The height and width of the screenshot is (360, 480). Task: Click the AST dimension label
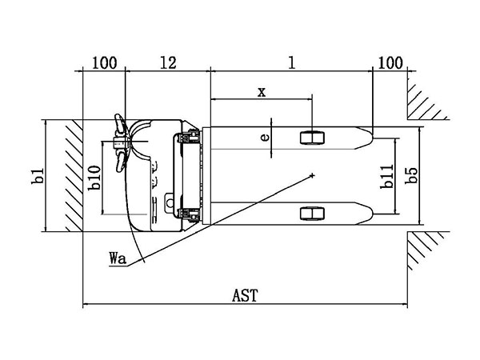pyautogui.click(x=245, y=295)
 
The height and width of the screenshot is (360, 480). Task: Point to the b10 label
pyautogui.click(x=94, y=178)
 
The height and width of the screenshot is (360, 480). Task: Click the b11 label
pyautogui.click(x=386, y=178)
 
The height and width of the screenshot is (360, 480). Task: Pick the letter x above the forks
pyautogui.click(x=262, y=91)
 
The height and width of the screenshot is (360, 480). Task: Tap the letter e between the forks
pyautogui.click(x=266, y=136)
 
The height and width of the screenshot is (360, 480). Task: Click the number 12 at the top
pyautogui.click(x=166, y=62)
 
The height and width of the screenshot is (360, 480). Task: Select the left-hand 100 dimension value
pyautogui.click(x=104, y=62)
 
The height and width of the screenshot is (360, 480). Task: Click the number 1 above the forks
pyautogui.click(x=292, y=62)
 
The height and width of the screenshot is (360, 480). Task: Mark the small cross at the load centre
pyautogui.click(x=314, y=174)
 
